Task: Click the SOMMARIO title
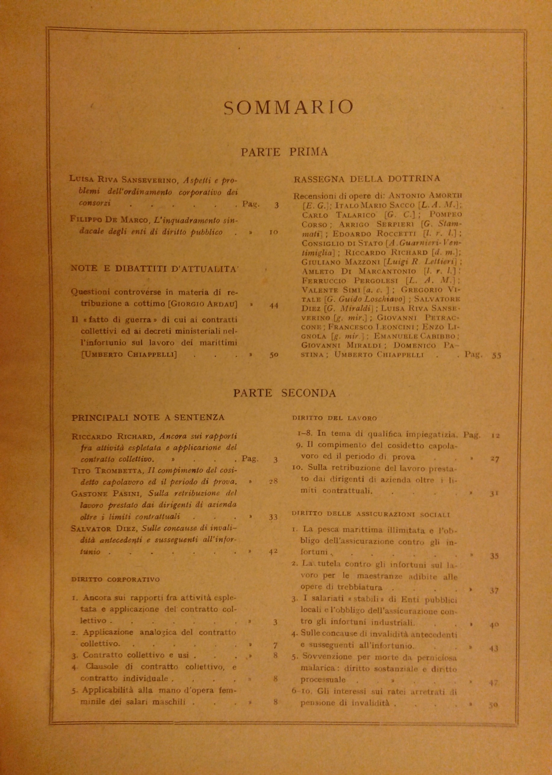[x=289, y=107]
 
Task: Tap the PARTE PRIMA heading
[x=284, y=152]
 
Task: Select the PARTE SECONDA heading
[x=284, y=393]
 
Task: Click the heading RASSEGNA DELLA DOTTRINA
[x=367, y=179]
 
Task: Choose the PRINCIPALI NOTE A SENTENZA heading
[x=148, y=418]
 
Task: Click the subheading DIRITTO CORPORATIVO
[x=116, y=580]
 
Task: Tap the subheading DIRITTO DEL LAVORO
[x=334, y=418]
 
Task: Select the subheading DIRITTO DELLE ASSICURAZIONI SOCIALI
[x=371, y=514]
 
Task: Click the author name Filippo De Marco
[x=110, y=220]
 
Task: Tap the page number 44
[x=274, y=305]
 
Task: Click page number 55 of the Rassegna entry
[x=497, y=355]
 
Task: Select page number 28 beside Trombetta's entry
[x=274, y=481]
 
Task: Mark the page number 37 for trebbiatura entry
[x=495, y=591]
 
